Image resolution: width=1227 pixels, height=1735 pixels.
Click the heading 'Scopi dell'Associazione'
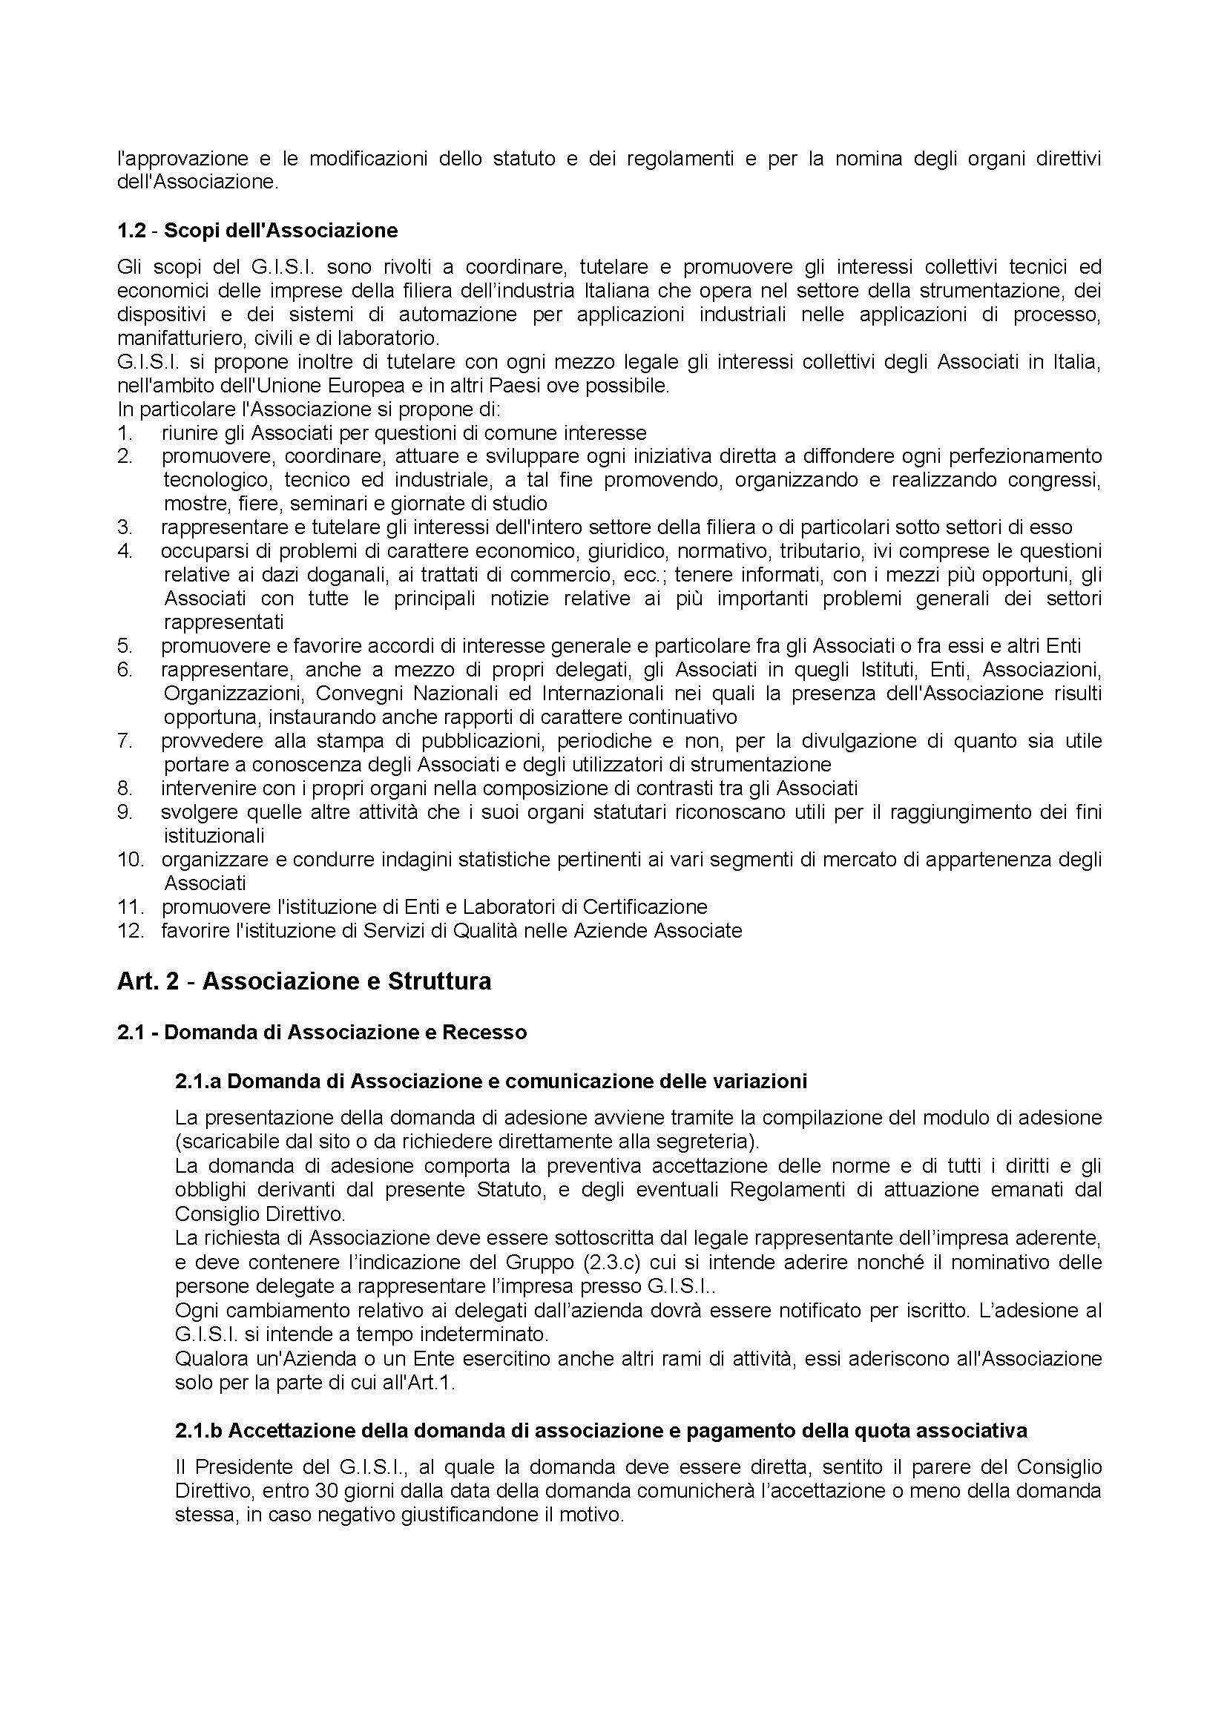pyautogui.click(x=280, y=231)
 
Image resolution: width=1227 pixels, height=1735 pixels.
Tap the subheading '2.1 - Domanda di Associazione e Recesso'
pyautogui.click(x=322, y=1033)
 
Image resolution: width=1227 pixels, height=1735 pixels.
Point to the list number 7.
pyautogui.click(x=125, y=740)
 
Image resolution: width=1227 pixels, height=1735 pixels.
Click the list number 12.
pyautogui.click(x=130, y=930)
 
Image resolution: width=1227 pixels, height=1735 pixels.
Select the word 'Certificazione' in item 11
pyautogui.click(x=645, y=906)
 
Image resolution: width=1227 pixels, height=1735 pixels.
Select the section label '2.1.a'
pyautogui.click(x=198, y=1082)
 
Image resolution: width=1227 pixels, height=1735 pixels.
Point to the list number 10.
pyautogui.click(x=130, y=859)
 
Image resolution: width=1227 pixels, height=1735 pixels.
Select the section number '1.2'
pyautogui.click(x=131, y=231)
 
